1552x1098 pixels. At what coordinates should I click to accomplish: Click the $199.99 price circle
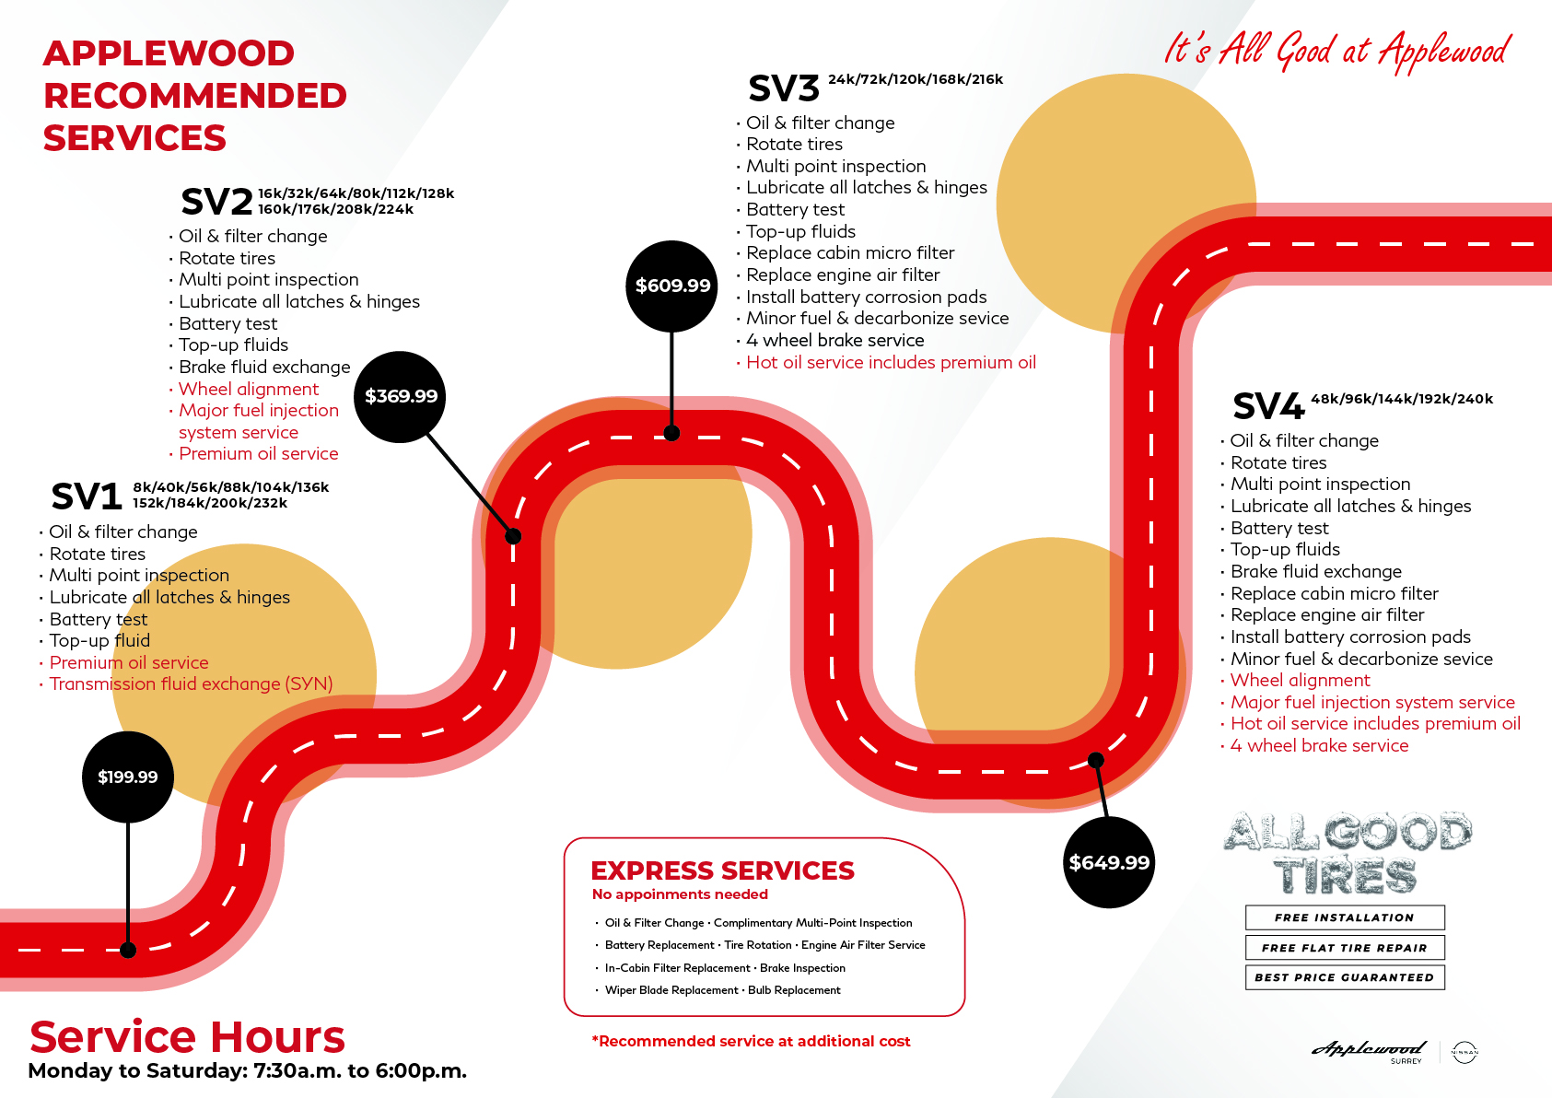[128, 777]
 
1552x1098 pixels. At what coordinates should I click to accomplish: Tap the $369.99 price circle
[401, 396]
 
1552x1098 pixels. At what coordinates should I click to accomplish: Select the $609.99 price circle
[672, 286]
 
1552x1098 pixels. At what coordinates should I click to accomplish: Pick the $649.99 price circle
[1109, 862]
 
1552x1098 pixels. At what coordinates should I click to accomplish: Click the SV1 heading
[87, 496]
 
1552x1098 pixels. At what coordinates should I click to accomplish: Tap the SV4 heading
[1268, 406]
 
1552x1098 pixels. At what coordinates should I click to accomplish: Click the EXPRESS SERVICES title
[722, 870]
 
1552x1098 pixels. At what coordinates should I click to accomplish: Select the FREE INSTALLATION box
[1345, 917]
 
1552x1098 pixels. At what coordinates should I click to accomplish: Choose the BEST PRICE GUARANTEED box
[1345, 977]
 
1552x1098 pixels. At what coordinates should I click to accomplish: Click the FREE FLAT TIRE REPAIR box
[1345, 948]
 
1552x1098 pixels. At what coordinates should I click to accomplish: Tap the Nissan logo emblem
[1464, 1052]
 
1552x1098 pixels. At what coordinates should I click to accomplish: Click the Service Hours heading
[187, 1037]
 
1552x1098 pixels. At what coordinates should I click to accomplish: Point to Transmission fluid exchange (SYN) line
[191, 684]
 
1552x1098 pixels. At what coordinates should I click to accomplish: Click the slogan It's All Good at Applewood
[1336, 51]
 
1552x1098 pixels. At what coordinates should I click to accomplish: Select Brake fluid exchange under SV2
[264, 367]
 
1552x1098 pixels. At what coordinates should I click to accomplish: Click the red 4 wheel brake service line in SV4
[1319, 746]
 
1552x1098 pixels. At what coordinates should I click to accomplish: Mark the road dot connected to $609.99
[672, 433]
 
